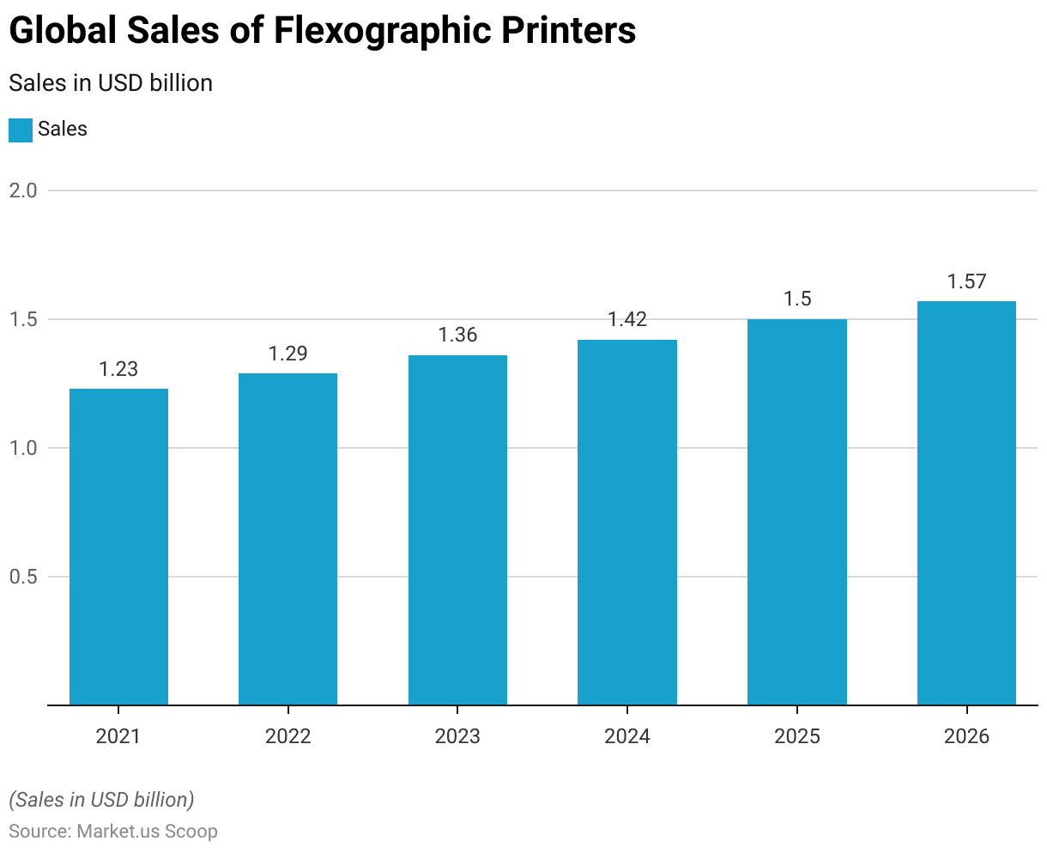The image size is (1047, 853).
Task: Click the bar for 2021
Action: [x=118, y=547]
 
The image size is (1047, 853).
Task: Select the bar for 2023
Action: [x=457, y=530]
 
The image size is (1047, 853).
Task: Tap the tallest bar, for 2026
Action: [x=966, y=503]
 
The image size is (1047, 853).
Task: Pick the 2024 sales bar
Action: [x=627, y=523]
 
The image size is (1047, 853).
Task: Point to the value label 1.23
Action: [x=118, y=369]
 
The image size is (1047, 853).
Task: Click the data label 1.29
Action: [x=287, y=354]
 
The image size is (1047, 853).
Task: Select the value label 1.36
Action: [x=457, y=335]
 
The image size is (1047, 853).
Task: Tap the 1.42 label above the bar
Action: [x=627, y=319]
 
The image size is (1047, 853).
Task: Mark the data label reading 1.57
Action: [x=966, y=281]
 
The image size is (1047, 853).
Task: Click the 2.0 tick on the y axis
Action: [x=23, y=191]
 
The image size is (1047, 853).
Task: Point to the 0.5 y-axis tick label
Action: [x=23, y=577]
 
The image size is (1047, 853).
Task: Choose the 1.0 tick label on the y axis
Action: [x=23, y=448]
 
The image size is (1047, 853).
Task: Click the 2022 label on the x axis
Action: [x=287, y=736]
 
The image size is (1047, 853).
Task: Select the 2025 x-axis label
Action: [x=796, y=736]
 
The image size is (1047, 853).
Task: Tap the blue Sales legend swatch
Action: [x=21, y=130]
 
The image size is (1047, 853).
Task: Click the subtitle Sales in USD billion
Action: [x=111, y=83]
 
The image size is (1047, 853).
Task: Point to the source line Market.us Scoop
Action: [x=113, y=832]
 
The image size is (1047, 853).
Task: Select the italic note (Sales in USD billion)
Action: [x=101, y=800]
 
